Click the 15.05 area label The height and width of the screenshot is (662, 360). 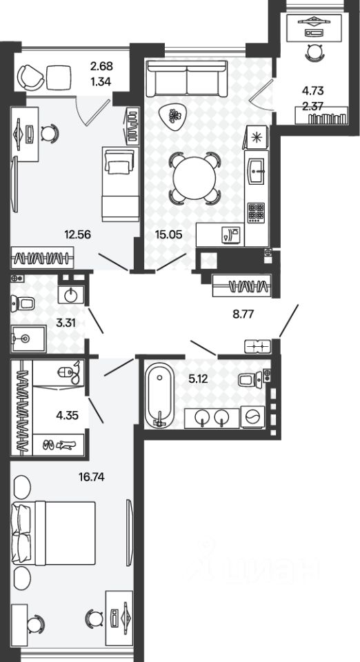[168, 234]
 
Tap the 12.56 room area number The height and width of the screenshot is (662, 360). [77, 234]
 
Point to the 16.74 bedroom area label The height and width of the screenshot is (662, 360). [92, 477]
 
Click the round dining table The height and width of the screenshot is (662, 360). [194, 178]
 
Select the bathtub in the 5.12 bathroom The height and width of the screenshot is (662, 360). [159, 396]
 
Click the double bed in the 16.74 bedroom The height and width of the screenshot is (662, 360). [54, 533]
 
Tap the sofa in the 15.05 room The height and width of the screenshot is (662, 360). [186, 78]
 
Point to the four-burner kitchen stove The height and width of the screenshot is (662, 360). [256, 212]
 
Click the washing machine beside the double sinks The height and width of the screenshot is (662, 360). [252, 417]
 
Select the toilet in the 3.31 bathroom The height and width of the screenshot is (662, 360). [24, 303]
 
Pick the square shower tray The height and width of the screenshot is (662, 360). [29, 339]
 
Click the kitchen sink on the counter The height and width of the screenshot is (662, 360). [256, 171]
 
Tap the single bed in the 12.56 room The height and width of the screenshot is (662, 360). [121, 183]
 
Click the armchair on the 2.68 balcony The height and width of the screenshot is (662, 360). [30, 77]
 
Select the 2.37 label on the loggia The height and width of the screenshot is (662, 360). [312, 106]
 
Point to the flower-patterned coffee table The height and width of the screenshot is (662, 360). [173, 116]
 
